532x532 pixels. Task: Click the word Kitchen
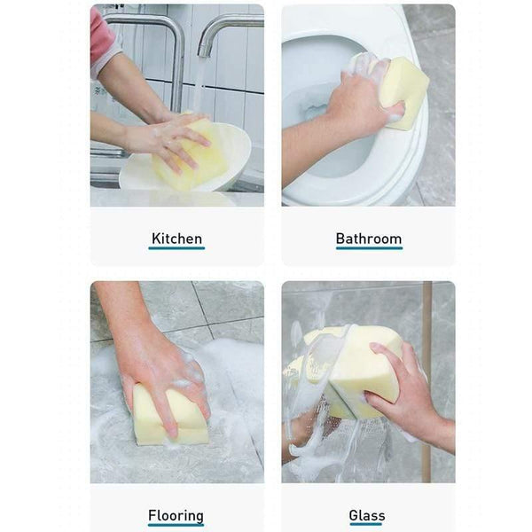click(x=176, y=239)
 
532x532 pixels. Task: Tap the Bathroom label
click(x=368, y=239)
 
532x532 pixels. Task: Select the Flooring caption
click(x=176, y=515)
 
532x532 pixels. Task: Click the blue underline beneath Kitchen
click(x=176, y=248)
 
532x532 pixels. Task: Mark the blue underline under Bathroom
click(x=368, y=248)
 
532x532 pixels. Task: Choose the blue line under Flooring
click(x=176, y=526)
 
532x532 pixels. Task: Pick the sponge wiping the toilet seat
click(x=403, y=89)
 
